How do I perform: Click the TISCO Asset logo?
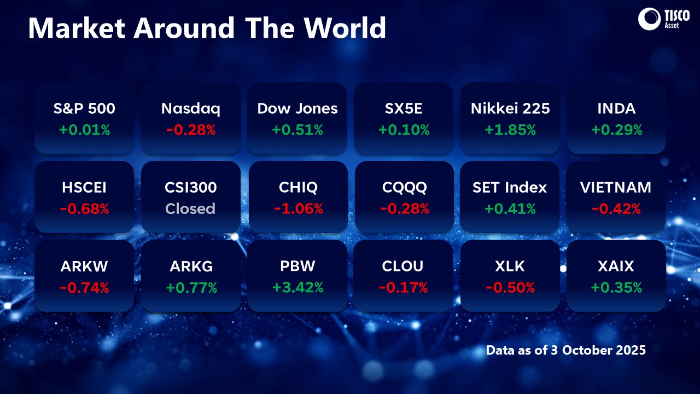660,19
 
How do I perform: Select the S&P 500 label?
84,108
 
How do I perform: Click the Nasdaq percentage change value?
191,130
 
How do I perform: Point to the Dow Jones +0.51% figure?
297,130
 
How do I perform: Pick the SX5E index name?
404,108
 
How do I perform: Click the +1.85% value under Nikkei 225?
510,130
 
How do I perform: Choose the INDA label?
616,108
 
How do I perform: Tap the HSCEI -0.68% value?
84,208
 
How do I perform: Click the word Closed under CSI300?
190,208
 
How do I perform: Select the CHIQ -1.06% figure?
297,208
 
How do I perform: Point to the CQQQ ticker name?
404,187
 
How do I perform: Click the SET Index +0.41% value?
510,208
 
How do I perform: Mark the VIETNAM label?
616,187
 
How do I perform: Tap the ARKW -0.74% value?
84,287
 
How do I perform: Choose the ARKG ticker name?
191,266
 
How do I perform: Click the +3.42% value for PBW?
297,287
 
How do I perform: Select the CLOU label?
404,266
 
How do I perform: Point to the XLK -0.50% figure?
510,287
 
